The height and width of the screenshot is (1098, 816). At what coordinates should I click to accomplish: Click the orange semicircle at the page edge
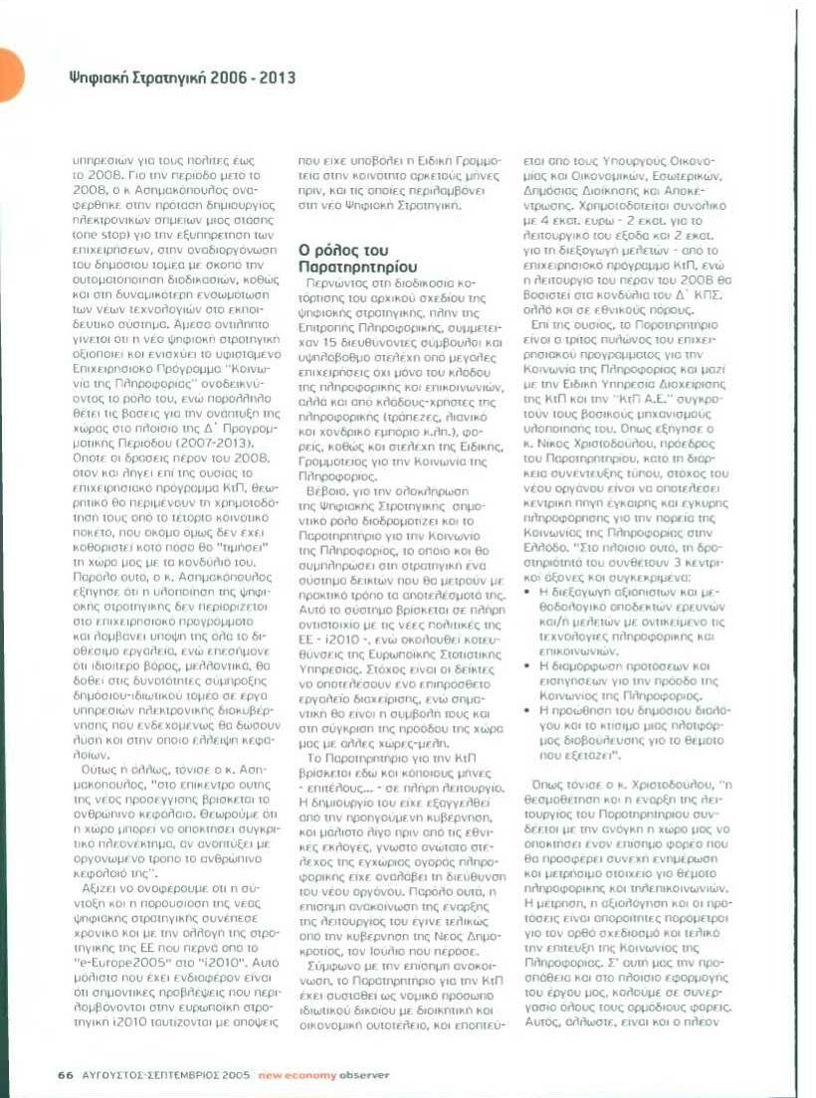pyautogui.click(x=10, y=76)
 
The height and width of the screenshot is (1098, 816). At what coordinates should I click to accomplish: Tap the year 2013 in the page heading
pyautogui.click(x=276, y=78)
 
